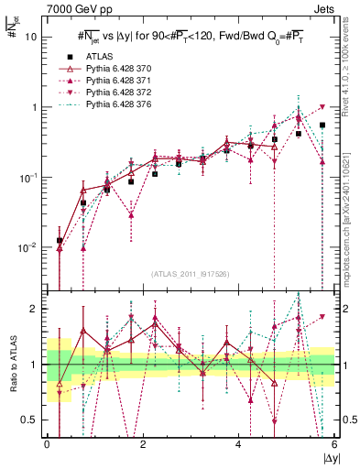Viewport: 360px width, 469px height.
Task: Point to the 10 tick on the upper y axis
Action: (32, 37)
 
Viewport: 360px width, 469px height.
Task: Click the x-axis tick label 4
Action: (238, 444)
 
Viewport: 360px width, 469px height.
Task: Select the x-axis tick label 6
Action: (333, 444)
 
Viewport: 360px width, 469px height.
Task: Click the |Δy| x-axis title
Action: (326, 458)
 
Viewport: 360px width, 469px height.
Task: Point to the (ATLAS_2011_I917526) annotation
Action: (190, 274)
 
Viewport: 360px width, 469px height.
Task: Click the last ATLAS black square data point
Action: (322, 125)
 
